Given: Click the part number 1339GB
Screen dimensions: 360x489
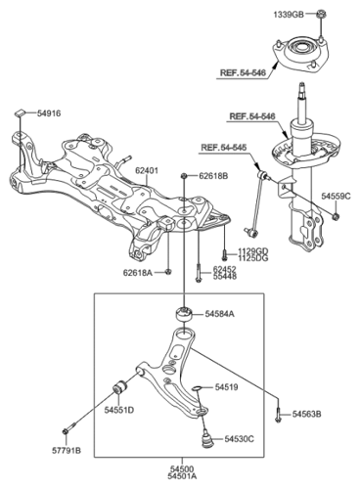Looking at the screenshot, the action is click(x=289, y=15).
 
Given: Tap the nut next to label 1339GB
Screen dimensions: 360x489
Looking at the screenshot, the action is click(x=321, y=14).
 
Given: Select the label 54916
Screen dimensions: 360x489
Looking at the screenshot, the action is click(x=49, y=113).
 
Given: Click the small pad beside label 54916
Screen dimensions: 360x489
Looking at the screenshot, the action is click(x=20, y=112).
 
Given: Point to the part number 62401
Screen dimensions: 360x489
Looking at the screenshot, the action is click(x=147, y=170).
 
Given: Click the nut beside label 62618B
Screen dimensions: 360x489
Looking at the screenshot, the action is click(x=184, y=176).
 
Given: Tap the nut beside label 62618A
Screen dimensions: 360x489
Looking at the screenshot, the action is click(x=168, y=272).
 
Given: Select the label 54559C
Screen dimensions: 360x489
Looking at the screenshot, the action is click(x=337, y=196).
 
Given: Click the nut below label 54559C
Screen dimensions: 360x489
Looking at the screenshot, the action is click(x=336, y=215).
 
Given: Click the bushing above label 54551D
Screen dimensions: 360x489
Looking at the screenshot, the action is click(x=120, y=386).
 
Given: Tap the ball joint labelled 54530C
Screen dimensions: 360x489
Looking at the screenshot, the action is click(x=206, y=439).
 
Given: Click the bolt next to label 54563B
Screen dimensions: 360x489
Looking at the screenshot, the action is click(x=278, y=415).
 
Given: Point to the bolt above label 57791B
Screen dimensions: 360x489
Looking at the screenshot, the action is click(x=68, y=428).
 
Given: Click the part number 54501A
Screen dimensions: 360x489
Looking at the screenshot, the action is click(x=182, y=476).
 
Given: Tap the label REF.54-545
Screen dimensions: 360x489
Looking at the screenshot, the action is click(x=224, y=147).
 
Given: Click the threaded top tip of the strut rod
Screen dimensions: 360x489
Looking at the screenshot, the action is click(x=302, y=87).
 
